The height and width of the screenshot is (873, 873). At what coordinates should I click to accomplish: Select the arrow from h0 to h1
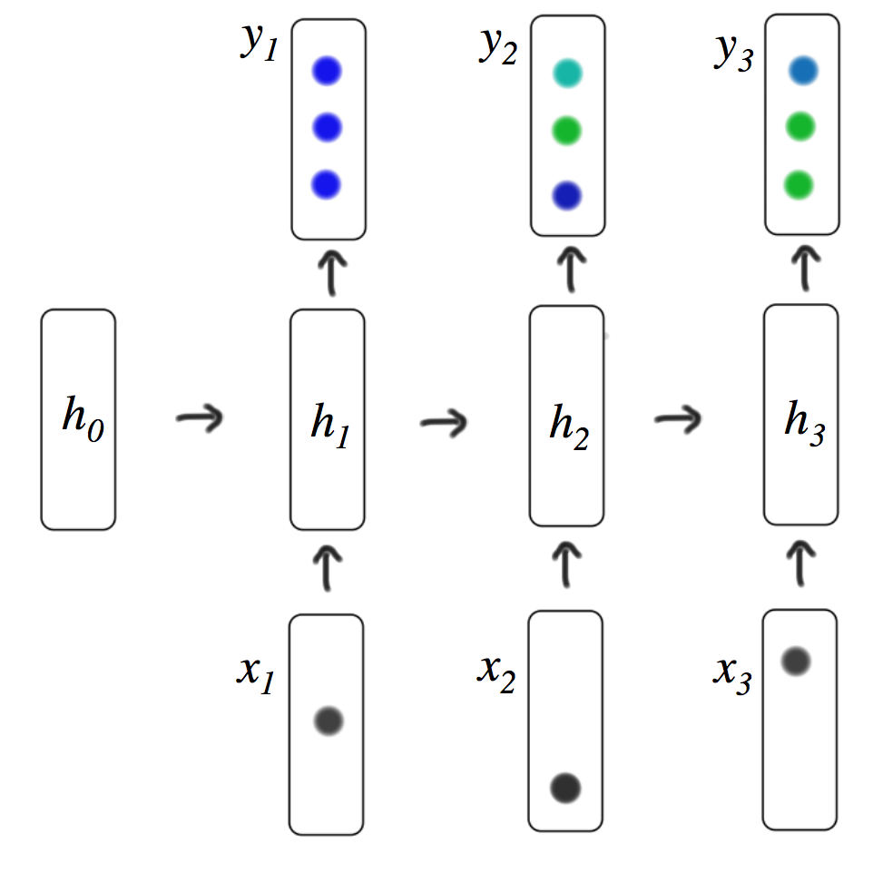[199, 418]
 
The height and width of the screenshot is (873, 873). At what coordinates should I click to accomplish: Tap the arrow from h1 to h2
[443, 421]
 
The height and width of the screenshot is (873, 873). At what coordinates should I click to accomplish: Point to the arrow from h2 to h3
[678, 418]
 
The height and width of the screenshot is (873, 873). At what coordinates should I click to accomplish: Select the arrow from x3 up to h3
[800, 563]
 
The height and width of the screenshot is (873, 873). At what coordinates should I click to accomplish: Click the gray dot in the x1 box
[329, 721]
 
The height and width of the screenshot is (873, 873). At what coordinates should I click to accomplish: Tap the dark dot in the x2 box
[565, 788]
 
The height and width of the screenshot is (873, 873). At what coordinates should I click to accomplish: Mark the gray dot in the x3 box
[796, 662]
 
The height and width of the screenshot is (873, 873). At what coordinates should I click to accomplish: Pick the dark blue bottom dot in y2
[565, 195]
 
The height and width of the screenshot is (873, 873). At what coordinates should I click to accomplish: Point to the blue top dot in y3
[803, 69]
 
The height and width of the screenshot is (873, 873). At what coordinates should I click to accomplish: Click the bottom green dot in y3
[799, 186]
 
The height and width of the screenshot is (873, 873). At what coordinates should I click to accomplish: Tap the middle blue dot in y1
[326, 129]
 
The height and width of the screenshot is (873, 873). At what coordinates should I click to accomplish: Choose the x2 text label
[496, 672]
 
